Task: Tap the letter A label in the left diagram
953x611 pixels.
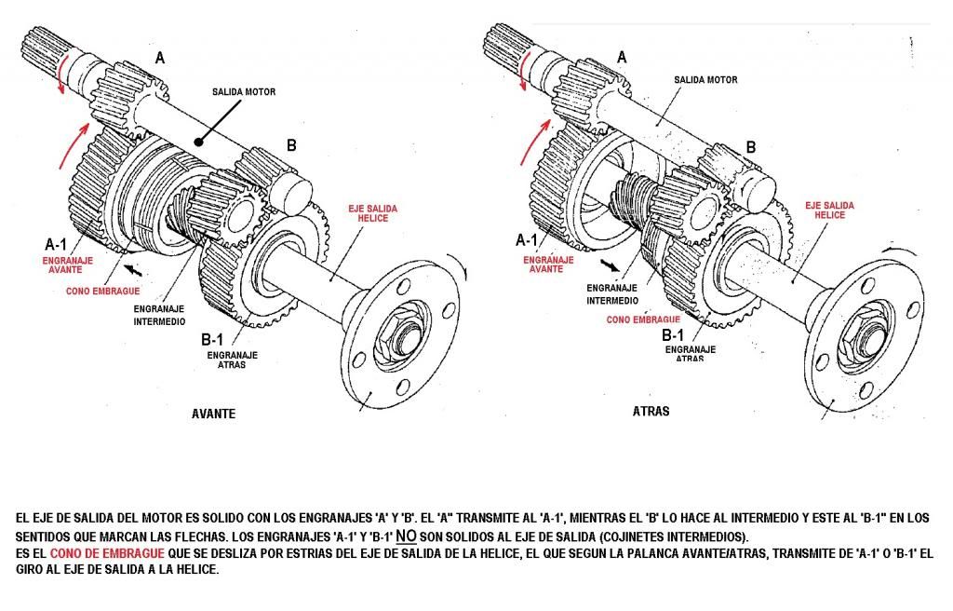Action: [160, 58]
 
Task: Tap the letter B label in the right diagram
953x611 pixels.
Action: [751, 146]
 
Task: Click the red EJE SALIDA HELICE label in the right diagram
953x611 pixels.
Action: [825, 210]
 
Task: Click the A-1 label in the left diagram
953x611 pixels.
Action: [56, 244]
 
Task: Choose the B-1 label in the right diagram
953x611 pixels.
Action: [673, 334]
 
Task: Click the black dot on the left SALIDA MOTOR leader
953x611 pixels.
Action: [197, 143]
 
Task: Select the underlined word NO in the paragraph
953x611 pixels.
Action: [405, 536]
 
